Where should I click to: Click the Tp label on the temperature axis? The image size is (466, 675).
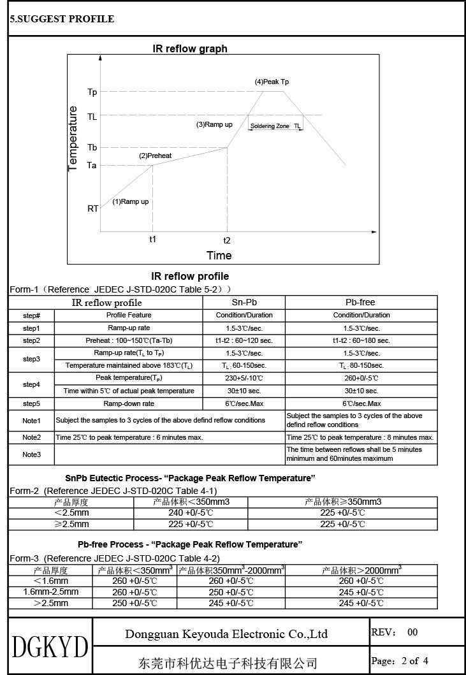[92, 92]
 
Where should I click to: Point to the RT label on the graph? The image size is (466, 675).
[93, 208]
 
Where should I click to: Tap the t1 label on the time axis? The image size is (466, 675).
[152, 238]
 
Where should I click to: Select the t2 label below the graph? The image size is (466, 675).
[226, 240]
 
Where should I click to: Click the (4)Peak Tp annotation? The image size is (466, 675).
[272, 82]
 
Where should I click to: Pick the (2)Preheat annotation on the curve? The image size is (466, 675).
[156, 156]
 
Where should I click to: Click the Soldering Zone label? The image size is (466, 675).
[270, 126]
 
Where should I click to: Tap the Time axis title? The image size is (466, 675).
[219, 256]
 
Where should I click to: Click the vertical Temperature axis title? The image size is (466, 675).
[73, 138]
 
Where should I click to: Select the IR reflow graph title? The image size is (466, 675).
[190, 48]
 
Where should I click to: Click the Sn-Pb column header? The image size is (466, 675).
[244, 302]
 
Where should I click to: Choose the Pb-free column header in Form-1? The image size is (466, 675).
[361, 302]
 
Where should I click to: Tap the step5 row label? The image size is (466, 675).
[31, 403]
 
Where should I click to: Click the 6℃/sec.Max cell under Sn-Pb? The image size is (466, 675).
[244, 403]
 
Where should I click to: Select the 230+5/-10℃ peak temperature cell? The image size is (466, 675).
[244, 378]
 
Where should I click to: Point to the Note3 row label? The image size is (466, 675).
[31, 454]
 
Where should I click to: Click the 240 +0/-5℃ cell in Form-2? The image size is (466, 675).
[190, 512]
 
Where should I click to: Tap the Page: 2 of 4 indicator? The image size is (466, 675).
[400, 660]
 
